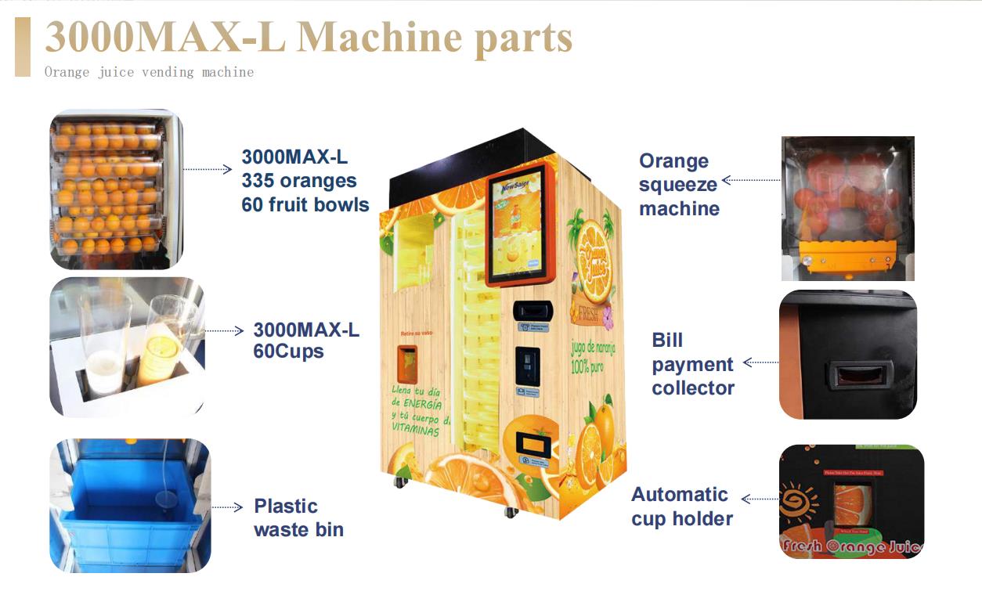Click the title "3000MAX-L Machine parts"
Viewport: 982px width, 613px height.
click(309, 38)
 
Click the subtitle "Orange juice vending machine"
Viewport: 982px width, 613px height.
click(149, 72)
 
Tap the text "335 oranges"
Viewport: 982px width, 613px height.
click(299, 181)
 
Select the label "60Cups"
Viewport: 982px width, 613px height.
click(288, 352)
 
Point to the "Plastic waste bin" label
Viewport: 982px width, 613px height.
click(298, 517)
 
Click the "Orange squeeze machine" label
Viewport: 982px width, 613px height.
click(679, 185)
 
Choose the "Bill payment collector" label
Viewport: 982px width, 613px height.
click(693, 364)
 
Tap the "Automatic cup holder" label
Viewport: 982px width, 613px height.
click(682, 507)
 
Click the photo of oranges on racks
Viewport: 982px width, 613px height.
click(115, 189)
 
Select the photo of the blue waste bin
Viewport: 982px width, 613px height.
click(130, 505)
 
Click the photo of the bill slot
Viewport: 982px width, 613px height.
click(847, 354)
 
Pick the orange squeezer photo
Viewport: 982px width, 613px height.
click(847, 208)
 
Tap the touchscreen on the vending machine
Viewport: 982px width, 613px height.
click(518, 228)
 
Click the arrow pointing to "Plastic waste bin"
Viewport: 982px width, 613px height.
click(227, 507)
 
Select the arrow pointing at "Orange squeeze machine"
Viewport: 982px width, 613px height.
click(750, 181)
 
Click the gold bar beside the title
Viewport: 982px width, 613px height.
click(23, 47)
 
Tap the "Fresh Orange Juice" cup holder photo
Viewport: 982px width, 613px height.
click(851, 502)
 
